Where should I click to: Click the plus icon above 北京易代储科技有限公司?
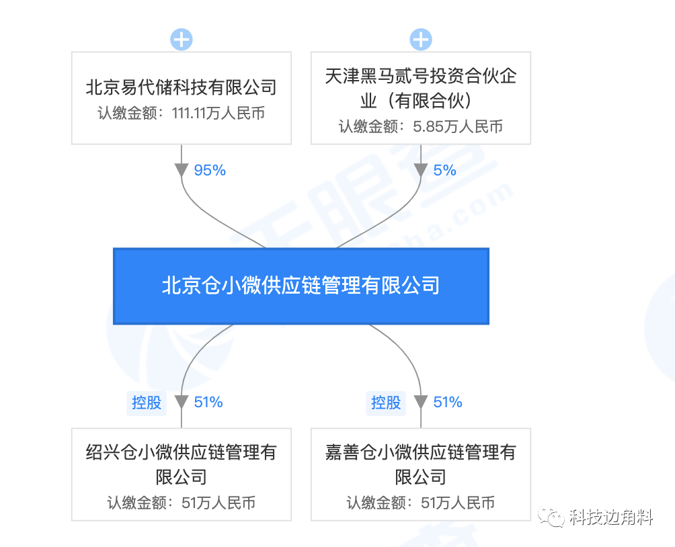(182, 40)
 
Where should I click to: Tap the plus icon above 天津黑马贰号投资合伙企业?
(421, 40)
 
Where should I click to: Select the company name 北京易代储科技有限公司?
(182, 87)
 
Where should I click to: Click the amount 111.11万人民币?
(219, 114)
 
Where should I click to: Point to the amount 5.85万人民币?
(458, 126)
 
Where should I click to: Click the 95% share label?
(210, 171)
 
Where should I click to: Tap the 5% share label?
(444, 171)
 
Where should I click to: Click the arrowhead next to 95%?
(182, 171)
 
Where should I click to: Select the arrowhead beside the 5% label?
(421, 171)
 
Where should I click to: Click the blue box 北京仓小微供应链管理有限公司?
(301, 286)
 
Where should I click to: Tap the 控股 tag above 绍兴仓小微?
(147, 403)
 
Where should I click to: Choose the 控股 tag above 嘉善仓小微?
(386, 403)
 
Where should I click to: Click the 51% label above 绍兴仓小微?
(208, 403)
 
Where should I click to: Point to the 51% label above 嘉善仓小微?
(448, 403)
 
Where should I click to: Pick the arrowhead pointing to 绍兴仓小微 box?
(182, 403)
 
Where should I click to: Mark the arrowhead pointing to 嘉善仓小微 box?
(421, 403)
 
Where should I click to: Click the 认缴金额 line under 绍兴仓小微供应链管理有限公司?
(182, 503)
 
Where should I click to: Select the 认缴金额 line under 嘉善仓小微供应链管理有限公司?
(421, 503)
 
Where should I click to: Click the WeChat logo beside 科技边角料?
(551, 517)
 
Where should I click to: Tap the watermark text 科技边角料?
(611, 517)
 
